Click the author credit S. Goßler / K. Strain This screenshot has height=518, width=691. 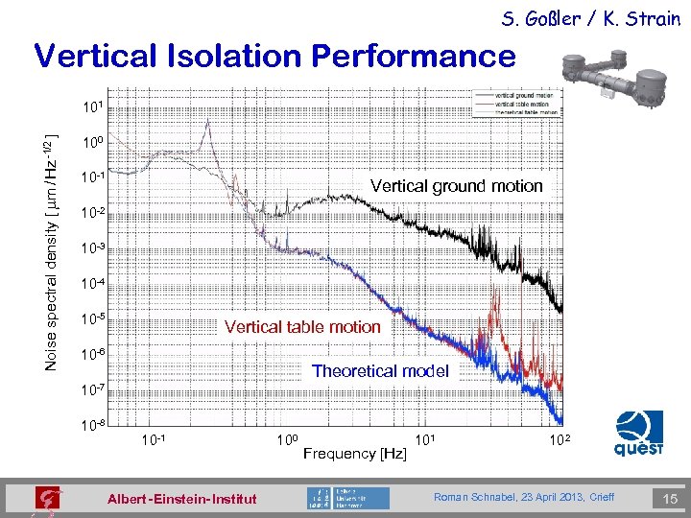coord(589,18)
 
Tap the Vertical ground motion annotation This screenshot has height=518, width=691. coord(456,186)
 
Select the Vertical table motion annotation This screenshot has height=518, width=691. coord(302,327)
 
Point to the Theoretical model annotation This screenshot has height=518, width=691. coord(380,370)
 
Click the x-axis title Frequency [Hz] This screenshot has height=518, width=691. coord(354,453)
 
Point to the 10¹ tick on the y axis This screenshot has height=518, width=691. coord(92,106)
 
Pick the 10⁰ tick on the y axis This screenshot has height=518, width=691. coord(92,142)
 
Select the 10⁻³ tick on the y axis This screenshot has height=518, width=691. coord(92,247)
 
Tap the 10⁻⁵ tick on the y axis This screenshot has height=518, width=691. coord(92,318)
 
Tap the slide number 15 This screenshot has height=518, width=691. coord(668,498)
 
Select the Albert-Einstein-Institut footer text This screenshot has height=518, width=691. coord(182,499)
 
